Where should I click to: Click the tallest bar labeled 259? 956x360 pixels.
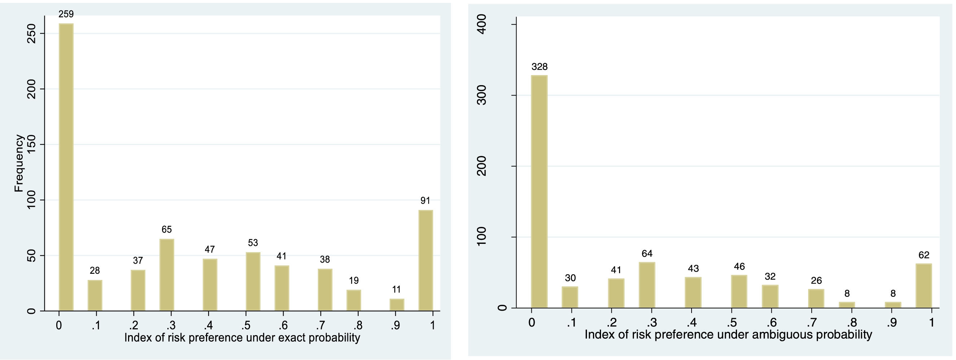pos(66,167)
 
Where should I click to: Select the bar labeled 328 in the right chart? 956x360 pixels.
pos(539,192)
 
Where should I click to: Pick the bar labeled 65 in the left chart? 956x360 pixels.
pos(167,275)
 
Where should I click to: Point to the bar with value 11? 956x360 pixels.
pos(397,305)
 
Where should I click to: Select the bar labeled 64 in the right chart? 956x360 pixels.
pos(647,285)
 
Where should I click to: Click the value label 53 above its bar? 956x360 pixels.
pos(253,243)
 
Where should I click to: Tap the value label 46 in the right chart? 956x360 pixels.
pos(739,267)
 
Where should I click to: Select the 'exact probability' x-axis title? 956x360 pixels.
pos(242,338)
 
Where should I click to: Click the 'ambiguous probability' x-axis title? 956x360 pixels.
pos(728,335)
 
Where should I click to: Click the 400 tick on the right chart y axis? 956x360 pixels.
pos(482,25)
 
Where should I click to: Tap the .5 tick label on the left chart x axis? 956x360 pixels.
pos(245,325)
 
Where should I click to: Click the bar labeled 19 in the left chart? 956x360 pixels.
pos(354,300)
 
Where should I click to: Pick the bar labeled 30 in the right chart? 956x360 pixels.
pos(570,297)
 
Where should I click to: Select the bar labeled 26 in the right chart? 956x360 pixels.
pos(816,298)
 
